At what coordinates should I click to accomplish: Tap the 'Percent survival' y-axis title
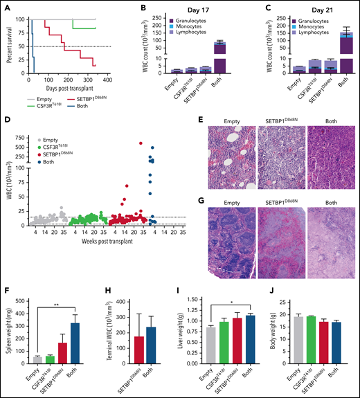(9, 46)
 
